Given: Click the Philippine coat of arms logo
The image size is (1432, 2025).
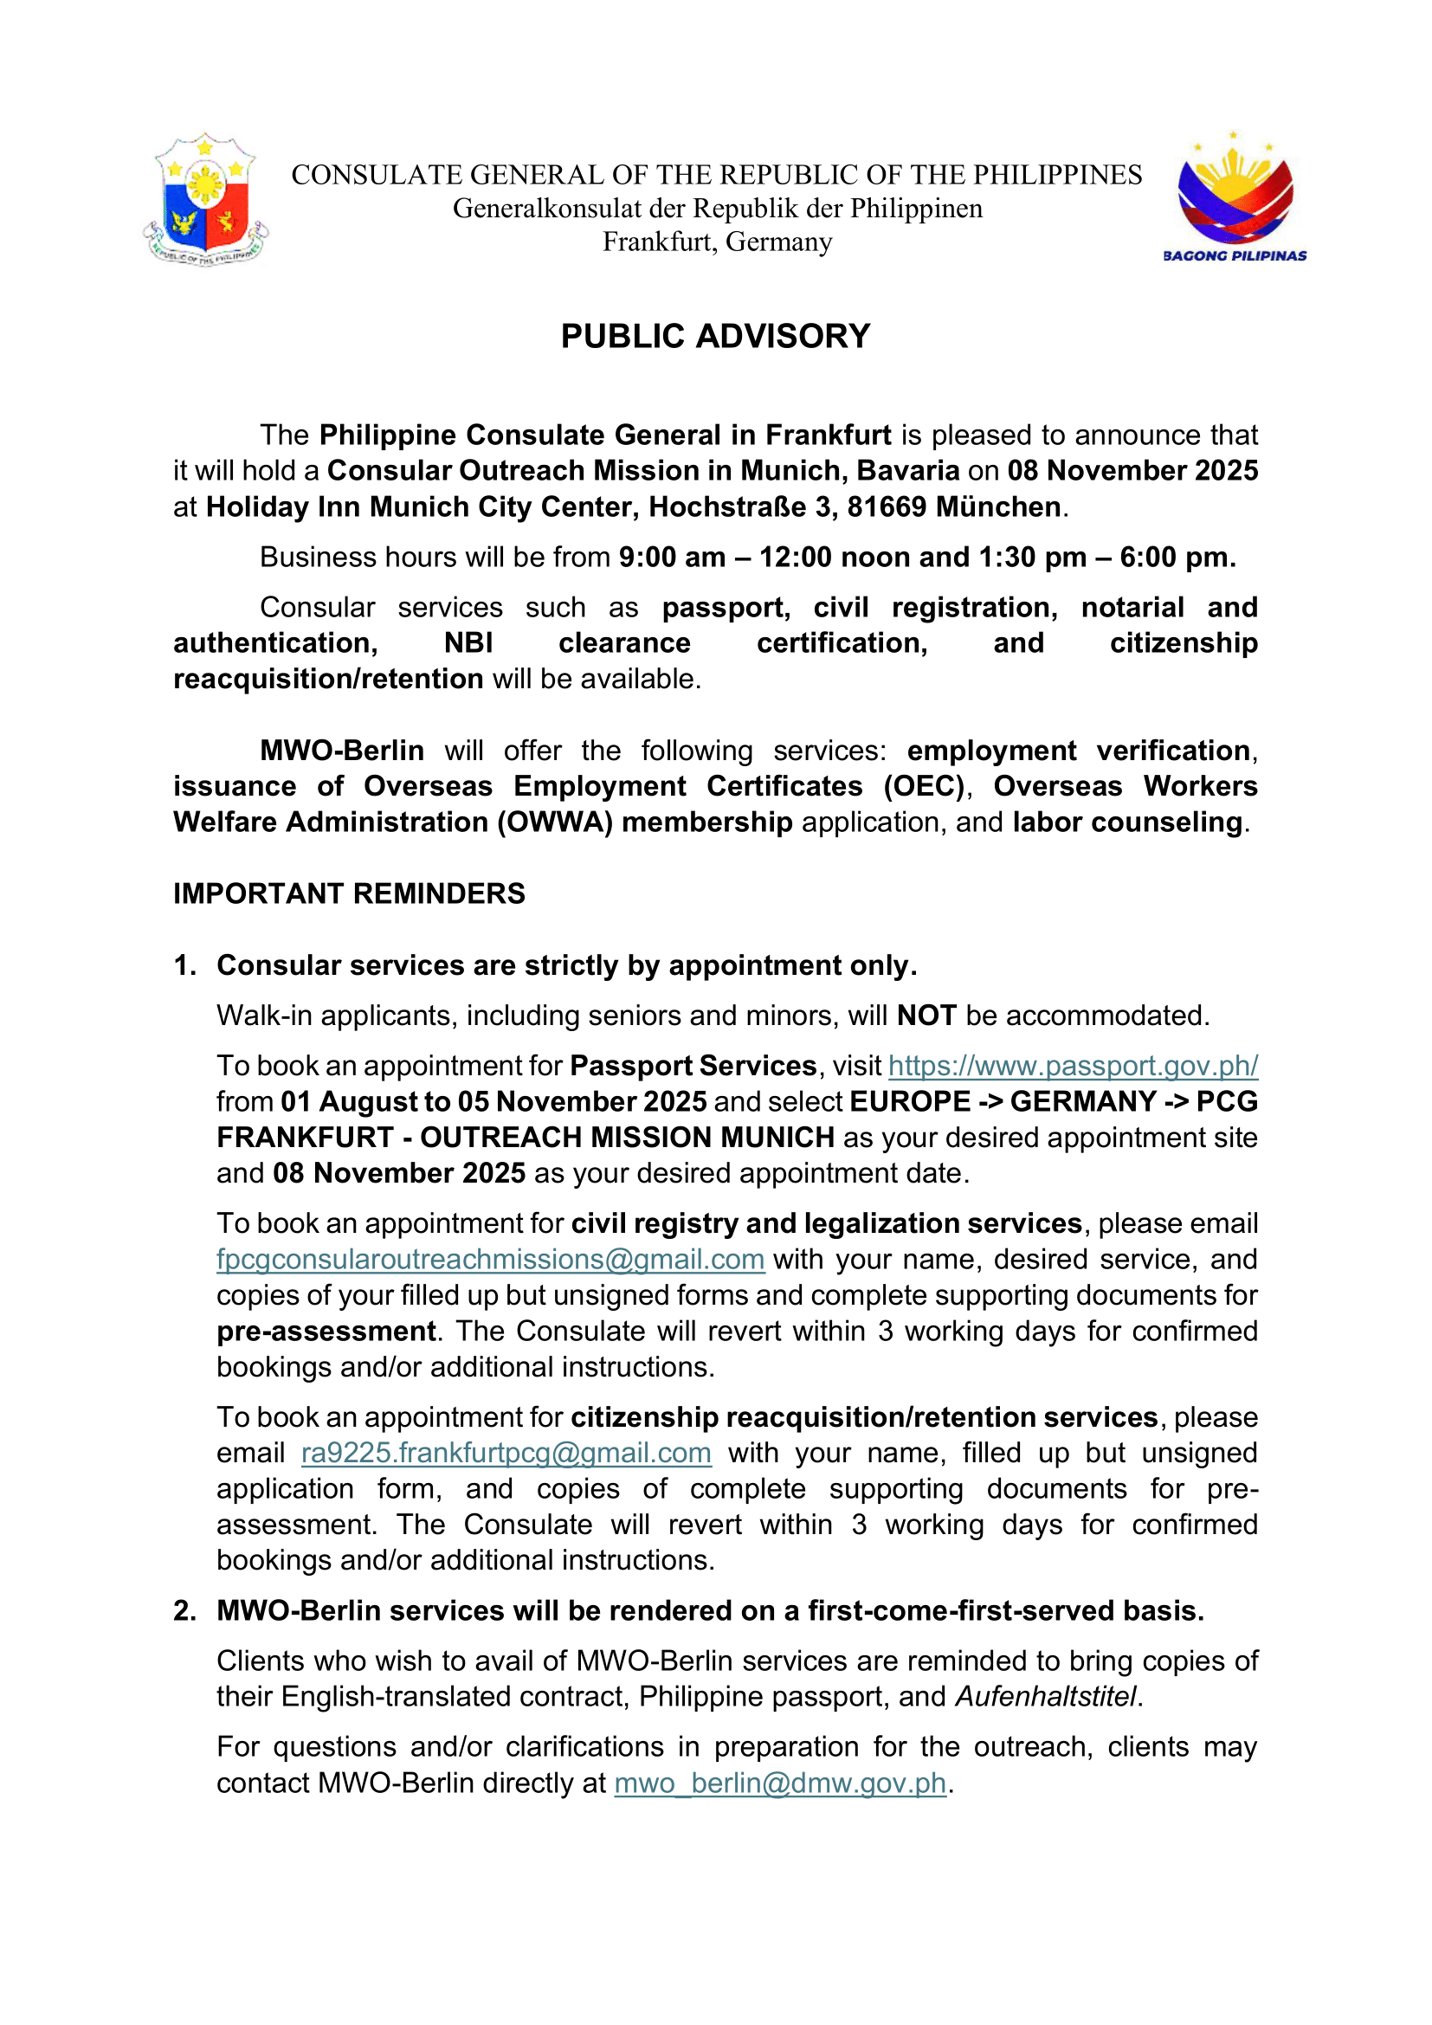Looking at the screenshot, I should [205, 200].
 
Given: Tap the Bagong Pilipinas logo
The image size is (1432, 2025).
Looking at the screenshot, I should [1235, 198].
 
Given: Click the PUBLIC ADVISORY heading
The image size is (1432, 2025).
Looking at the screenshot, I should [715, 336].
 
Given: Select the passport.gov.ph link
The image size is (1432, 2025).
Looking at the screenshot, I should [1072, 1066].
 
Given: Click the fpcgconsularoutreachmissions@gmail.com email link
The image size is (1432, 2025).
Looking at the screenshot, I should [490, 1260].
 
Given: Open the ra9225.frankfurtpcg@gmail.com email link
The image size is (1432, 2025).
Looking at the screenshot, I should [506, 1453].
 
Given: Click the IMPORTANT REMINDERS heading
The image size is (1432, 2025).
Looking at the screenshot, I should [349, 893].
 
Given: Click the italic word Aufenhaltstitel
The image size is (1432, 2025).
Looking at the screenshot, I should [1046, 1696].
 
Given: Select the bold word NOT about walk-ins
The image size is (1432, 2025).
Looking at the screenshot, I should [926, 1016].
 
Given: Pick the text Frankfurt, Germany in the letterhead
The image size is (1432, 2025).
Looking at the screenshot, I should [717, 242].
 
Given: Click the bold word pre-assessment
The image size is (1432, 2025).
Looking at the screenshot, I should [326, 1331].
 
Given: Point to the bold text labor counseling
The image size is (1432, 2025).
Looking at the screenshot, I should [1127, 822].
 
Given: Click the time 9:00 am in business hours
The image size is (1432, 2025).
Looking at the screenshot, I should [672, 558].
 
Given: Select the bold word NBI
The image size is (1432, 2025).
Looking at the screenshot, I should [468, 643].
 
